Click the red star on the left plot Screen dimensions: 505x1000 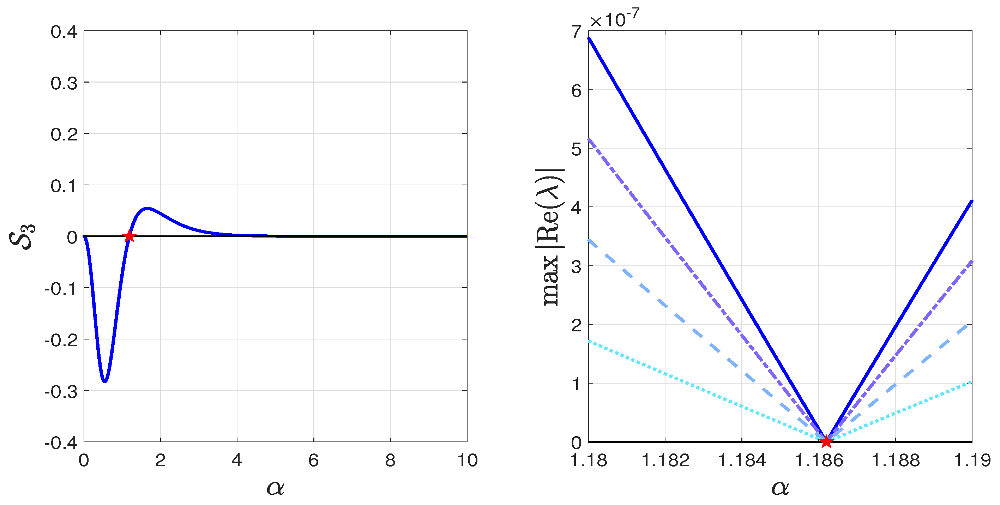(129, 236)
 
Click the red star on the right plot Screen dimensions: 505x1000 (826, 441)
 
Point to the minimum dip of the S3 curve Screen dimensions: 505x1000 (104, 381)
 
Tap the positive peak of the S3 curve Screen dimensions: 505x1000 (147, 209)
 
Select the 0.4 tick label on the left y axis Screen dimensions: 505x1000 (64, 32)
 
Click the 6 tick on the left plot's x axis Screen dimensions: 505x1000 (314, 461)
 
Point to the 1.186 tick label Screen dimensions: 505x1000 (819, 461)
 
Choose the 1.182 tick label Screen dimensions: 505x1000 (665, 461)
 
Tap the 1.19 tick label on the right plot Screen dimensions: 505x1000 (972, 461)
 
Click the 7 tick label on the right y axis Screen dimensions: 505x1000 (577, 32)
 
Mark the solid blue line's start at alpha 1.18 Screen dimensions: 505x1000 (589, 38)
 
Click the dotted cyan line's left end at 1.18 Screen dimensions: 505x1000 (589, 341)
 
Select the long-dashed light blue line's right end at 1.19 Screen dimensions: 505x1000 (971, 324)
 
